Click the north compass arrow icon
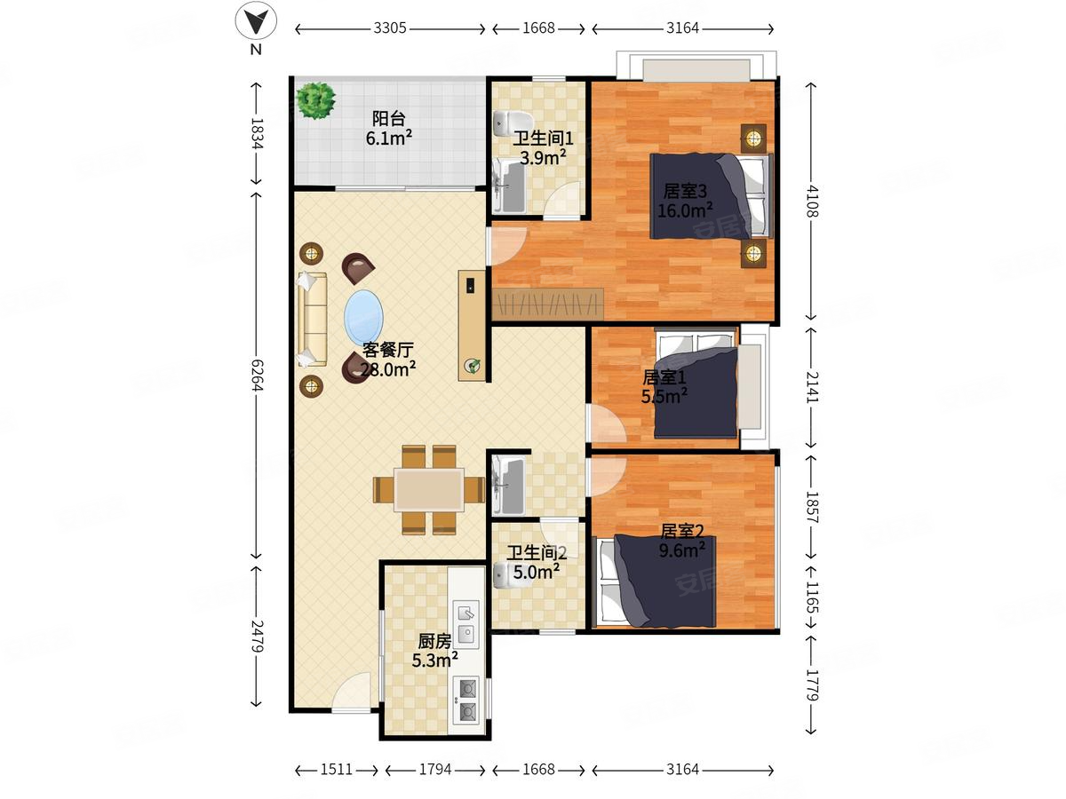(x=256, y=20)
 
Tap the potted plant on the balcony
(x=315, y=100)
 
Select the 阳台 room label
(x=388, y=118)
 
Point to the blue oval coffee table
(x=363, y=318)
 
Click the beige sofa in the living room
(x=312, y=319)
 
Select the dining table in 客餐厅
(x=428, y=489)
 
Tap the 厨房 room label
(x=434, y=641)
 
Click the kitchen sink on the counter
(x=465, y=623)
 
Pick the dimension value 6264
(x=257, y=375)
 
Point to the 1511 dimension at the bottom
(x=336, y=770)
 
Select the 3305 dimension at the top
(x=389, y=28)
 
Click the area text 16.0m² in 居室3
(x=685, y=210)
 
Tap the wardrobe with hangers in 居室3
(x=547, y=305)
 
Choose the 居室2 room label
(x=682, y=531)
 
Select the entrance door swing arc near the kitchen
(x=351, y=692)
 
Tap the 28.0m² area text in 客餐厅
(x=388, y=369)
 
